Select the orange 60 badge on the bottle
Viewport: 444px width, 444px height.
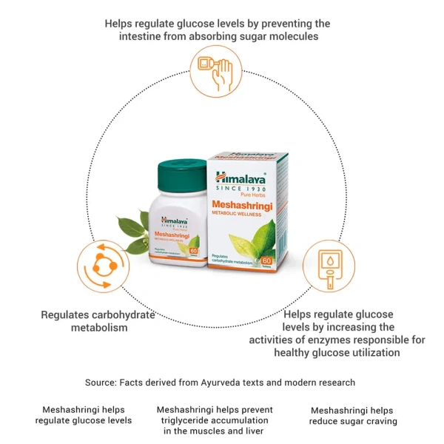click(195, 252)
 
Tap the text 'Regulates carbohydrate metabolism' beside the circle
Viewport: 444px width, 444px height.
click(98, 320)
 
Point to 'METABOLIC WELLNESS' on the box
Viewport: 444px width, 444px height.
click(244, 217)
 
